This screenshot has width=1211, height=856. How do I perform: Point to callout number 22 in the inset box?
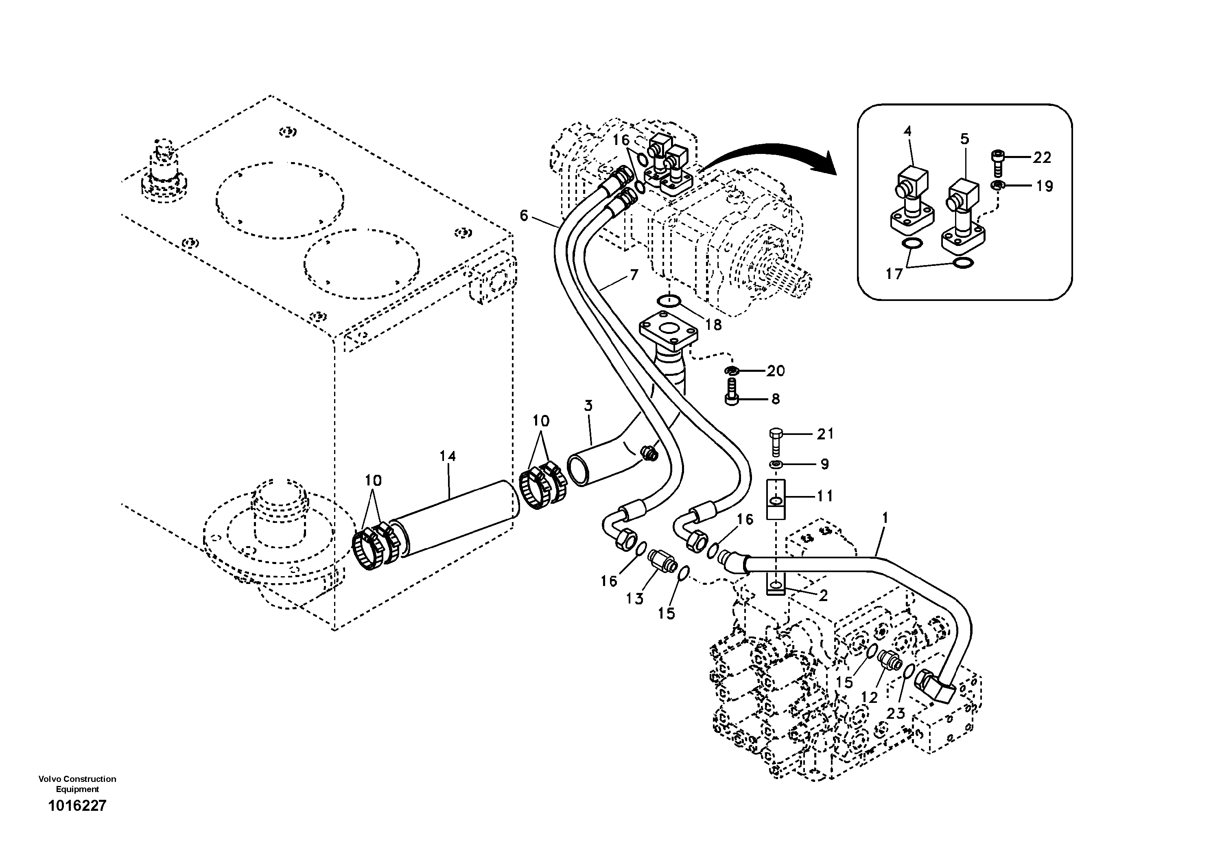pyautogui.click(x=1042, y=157)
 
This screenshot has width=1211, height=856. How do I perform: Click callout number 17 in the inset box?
pyautogui.click(x=894, y=274)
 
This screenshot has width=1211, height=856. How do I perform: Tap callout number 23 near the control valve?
pyautogui.click(x=895, y=713)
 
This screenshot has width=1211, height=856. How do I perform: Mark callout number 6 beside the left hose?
pyautogui.click(x=523, y=215)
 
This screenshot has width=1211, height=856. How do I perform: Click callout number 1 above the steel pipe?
pyautogui.click(x=885, y=518)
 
